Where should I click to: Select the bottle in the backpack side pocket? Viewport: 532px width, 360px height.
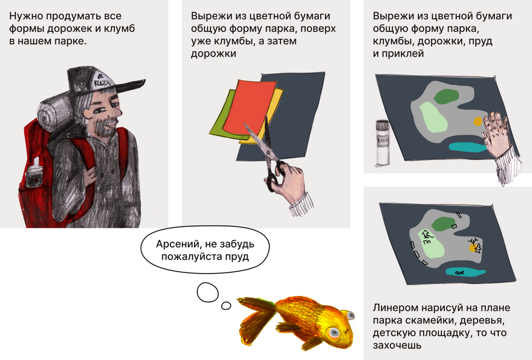click(34, 173)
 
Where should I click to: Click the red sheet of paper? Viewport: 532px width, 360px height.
click(251, 107)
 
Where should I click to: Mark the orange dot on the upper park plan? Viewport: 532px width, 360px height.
click(478, 121)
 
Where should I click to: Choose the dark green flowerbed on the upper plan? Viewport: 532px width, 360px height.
click(446, 96)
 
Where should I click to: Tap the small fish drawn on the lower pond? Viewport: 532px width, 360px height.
click(460, 272)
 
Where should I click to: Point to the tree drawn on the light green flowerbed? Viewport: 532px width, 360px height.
click(426, 234)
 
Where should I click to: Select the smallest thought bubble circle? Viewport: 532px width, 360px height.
click(226, 306)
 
